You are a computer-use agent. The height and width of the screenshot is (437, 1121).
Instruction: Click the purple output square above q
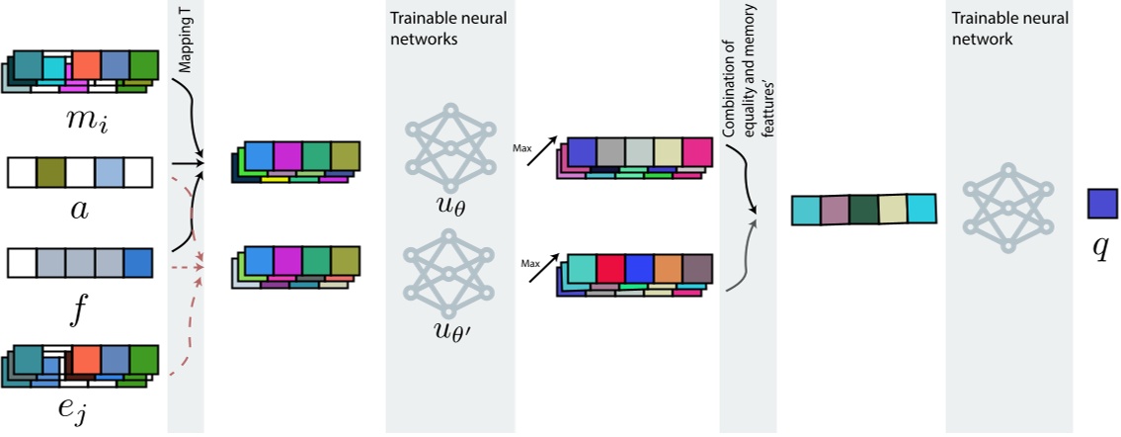(1100, 203)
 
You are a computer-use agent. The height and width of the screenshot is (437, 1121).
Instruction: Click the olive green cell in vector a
(50, 173)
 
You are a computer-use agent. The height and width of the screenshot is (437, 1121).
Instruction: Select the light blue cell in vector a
(110, 173)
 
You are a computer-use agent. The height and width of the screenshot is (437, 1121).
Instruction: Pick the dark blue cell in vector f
(138, 262)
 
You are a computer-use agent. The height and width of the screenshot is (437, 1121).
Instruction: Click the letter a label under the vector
(80, 210)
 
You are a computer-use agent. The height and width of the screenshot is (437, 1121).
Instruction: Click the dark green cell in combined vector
(863, 210)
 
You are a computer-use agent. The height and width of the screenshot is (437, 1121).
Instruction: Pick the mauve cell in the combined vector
(835, 210)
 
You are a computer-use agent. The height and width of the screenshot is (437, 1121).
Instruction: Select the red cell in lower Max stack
(611, 269)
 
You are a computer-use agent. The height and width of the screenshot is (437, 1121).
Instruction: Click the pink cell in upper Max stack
(697, 152)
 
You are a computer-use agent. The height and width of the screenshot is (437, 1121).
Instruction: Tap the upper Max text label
(520, 148)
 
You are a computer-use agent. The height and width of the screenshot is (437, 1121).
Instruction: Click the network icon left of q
(1007, 208)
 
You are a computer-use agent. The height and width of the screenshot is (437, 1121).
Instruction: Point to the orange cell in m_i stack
(86, 64)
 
